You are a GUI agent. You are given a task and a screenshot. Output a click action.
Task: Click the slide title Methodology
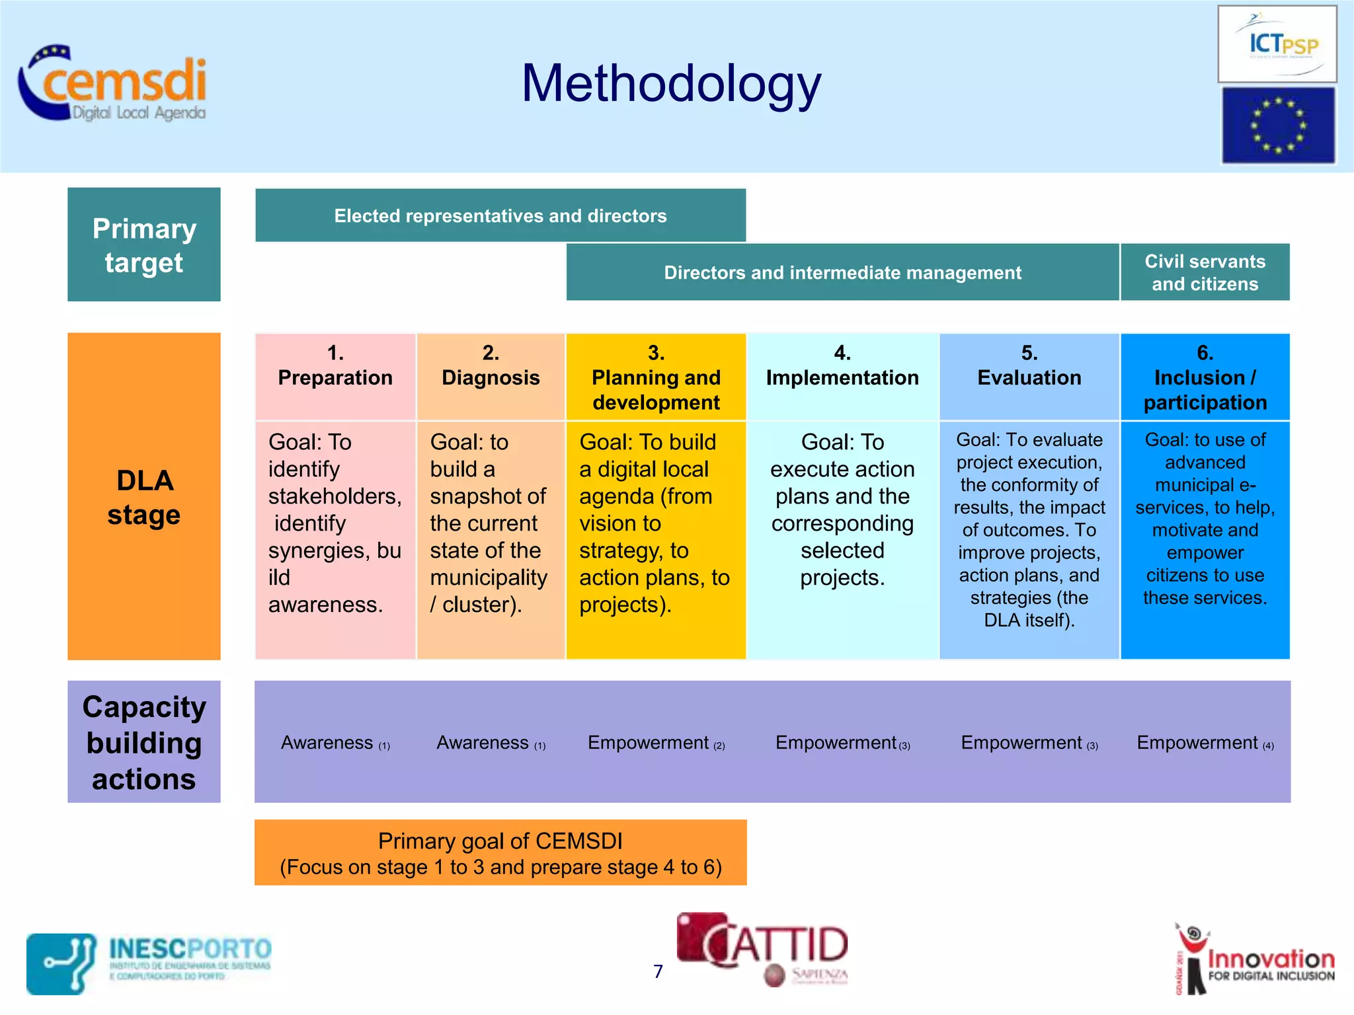tap(671, 84)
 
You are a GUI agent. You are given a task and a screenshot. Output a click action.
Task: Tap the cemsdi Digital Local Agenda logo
tap(113, 84)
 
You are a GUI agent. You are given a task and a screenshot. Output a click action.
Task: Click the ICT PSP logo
tap(1277, 44)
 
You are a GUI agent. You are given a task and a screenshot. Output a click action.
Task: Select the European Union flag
tap(1277, 126)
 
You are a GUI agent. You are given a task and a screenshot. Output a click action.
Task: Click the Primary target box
tap(144, 244)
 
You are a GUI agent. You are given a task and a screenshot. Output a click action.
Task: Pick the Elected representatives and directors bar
tap(500, 215)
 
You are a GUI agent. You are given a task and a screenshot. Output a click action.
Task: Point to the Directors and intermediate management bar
tap(842, 272)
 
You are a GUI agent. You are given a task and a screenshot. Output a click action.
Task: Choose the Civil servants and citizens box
tap(1205, 272)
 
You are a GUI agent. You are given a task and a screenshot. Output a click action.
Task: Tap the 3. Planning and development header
tap(656, 377)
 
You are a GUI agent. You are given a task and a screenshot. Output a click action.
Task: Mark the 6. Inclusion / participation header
tap(1205, 377)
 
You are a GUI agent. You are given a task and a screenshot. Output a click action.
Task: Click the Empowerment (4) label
tap(1205, 743)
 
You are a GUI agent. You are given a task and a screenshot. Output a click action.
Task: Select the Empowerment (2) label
tap(656, 743)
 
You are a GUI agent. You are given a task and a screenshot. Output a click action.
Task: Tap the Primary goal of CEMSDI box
tap(500, 853)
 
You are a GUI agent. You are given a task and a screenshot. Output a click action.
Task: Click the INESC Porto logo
tap(149, 963)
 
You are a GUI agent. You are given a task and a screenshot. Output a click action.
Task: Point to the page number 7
tap(658, 971)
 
